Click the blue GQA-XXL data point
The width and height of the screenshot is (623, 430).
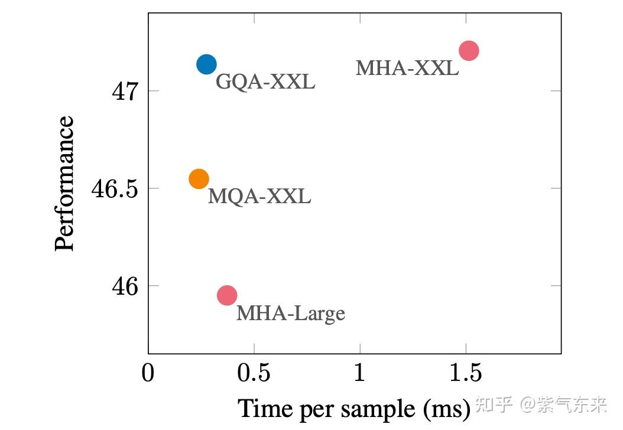tap(206, 64)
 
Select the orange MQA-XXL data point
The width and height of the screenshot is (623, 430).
tap(199, 178)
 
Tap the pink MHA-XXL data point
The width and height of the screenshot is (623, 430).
tap(468, 51)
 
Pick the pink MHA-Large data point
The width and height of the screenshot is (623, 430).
tap(227, 295)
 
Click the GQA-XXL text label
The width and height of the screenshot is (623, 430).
tap(265, 82)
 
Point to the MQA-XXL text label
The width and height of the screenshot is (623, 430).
tap(259, 196)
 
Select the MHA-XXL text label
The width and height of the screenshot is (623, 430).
tap(407, 68)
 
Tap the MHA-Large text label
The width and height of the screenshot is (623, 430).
tap(290, 312)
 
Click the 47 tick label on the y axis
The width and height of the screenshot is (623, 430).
tap(124, 92)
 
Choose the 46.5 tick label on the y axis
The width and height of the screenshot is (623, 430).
tap(113, 189)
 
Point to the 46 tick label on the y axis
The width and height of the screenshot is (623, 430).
tap(124, 286)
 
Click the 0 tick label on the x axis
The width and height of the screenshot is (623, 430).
tap(148, 374)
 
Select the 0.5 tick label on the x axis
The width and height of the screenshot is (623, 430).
tap(254, 374)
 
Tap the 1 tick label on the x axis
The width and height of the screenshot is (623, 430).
tap(360, 374)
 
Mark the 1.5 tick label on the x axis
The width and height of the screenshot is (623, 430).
tap(466, 374)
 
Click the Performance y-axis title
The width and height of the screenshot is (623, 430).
tap(65, 184)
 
